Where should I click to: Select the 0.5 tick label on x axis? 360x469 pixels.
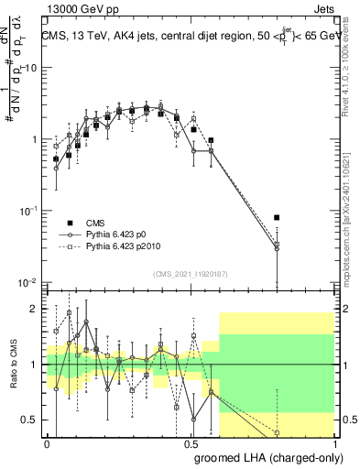click(x=191, y=442)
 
